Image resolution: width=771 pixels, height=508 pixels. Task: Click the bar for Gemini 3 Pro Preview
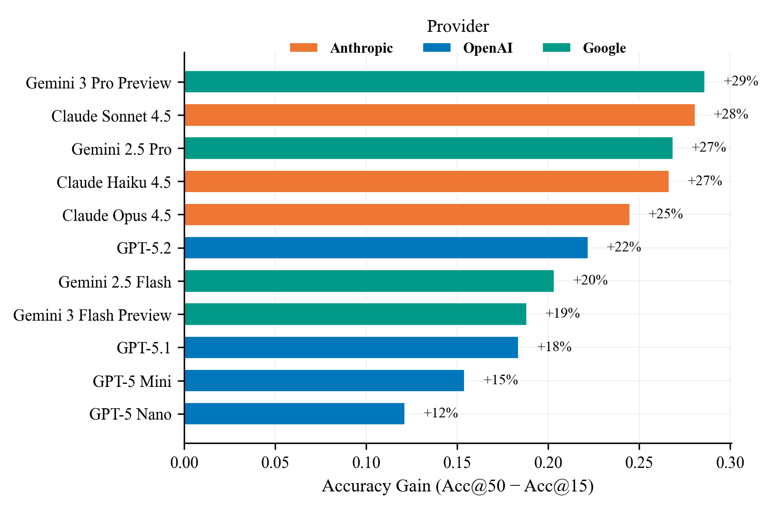(x=444, y=81)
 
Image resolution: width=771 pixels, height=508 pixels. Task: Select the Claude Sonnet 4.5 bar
(x=439, y=115)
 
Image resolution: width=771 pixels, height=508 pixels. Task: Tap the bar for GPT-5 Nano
(x=294, y=413)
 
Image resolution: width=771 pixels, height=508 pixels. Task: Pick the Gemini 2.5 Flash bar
(x=369, y=281)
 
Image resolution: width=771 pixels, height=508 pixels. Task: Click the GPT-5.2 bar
(x=386, y=247)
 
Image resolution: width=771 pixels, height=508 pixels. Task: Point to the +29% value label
(x=741, y=81)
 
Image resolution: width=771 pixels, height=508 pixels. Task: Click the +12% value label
(x=440, y=413)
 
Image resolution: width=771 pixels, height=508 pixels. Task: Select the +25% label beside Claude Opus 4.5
(x=665, y=214)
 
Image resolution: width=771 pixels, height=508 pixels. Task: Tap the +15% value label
(x=500, y=380)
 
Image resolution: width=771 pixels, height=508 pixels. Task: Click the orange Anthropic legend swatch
(x=303, y=47)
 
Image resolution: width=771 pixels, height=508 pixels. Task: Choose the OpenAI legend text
(x=488, y=48)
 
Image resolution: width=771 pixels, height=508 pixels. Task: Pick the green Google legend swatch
(x=556, y=47)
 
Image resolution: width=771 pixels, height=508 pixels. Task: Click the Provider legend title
(x=458, y=27)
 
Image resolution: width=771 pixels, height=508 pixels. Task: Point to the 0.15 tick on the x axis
(x=457, y=462)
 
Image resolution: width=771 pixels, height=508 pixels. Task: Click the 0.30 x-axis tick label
(x=730, y=462)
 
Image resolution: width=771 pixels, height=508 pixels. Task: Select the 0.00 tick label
(x=184, y=462)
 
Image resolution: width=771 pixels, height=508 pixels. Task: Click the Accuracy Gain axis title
(x=458, y=486)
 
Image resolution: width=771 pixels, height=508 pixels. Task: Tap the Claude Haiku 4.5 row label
(x=114, y=182)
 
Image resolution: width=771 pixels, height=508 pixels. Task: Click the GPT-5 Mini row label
(x=132, y=381)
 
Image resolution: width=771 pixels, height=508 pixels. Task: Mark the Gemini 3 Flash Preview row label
(x=92, y=315)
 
